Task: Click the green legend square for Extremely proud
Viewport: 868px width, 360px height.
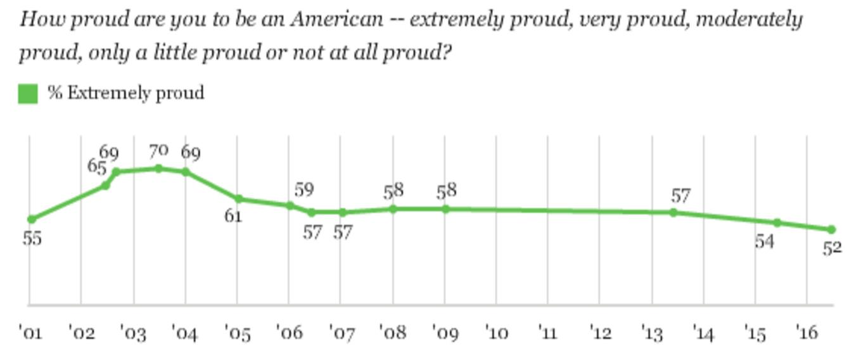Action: point(28,94)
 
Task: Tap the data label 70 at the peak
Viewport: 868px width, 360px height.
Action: point(158,151)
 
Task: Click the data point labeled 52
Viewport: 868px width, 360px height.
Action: point(831,229)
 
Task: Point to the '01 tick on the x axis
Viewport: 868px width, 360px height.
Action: point(30,331)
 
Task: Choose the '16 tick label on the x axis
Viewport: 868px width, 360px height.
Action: point(807,331)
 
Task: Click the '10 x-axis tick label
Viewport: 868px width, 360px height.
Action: point(496,331)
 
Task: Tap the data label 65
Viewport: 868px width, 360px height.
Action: point(96,167)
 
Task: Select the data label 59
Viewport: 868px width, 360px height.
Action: point(303,190)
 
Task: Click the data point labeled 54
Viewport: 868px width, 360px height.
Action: point(777,222)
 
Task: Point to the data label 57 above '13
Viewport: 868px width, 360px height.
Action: point(680,196)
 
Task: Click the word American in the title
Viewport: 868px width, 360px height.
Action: point(336,20)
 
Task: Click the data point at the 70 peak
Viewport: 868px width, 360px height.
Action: point(158,169)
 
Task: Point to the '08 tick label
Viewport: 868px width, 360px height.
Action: point(393,331)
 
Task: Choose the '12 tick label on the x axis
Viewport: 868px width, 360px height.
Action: point(600,331)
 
